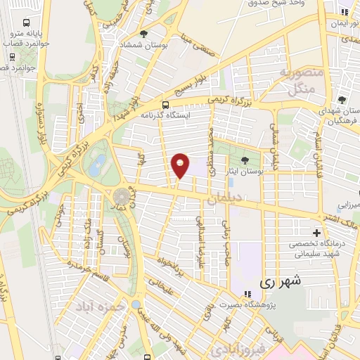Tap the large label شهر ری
[280, 282]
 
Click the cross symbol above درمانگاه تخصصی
[317, 233]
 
